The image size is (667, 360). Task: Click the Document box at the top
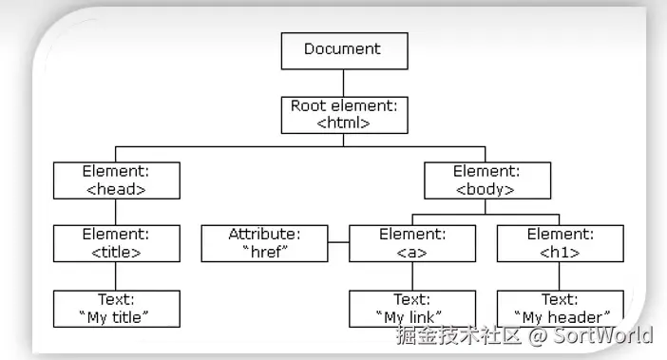pos(344,50)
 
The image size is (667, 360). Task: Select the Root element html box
pos(344,114)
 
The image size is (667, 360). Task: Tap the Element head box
pos(116,180)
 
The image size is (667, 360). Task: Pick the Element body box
pos(486,180)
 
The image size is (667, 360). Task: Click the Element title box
pos(116,242)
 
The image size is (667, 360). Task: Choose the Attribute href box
pos(264,242)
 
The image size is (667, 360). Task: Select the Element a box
pos(411,242)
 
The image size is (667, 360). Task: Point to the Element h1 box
pos(560,242)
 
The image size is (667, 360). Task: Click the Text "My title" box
pos(116,308)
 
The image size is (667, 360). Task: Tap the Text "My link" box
pos(411,308)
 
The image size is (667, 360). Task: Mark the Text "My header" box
pos(560,308)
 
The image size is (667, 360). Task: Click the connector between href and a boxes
pos(338,243)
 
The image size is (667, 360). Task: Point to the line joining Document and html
pos(344,82)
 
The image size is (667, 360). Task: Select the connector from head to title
pos(116,211)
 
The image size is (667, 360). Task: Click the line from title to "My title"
pos(116,275)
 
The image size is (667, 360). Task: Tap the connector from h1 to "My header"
pos(560,275)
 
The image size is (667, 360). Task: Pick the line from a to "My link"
pos(411,275)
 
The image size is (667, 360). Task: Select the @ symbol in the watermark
pos(538,334)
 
